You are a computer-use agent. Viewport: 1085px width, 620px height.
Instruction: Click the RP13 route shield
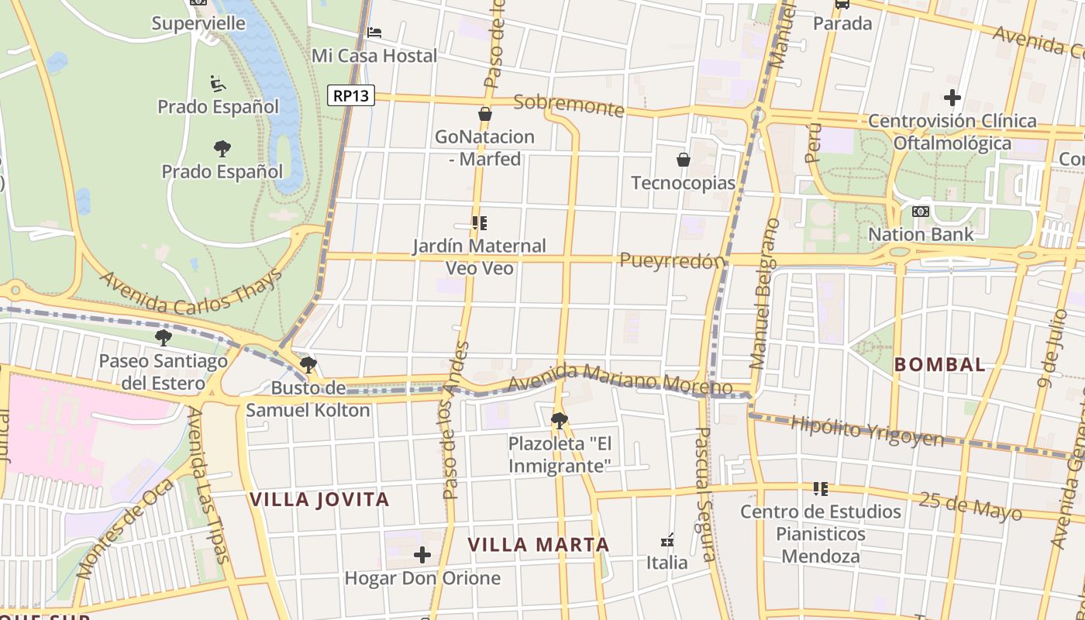351,95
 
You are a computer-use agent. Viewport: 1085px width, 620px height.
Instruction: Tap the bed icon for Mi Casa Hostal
374,32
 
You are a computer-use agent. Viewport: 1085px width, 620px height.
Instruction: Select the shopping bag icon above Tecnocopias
684,160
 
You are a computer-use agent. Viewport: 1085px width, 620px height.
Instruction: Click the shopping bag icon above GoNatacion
485,114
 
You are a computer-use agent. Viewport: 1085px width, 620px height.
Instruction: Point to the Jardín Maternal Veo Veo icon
480,223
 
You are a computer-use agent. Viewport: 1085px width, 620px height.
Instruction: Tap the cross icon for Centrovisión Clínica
952,98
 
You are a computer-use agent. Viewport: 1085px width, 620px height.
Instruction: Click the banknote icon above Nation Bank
921,211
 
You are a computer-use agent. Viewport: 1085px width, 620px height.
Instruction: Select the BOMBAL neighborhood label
939,364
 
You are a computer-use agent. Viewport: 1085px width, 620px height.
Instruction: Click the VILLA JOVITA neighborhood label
319,500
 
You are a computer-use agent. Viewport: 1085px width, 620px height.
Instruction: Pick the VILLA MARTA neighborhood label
539,545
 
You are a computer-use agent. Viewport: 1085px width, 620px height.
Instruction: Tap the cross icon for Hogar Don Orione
422,555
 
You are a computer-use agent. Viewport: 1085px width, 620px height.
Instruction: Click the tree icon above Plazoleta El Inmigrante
559,421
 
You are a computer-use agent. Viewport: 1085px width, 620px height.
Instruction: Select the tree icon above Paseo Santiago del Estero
163,337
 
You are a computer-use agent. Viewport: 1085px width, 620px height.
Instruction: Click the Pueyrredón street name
671,261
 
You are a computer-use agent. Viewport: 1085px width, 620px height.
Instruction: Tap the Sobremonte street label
569,105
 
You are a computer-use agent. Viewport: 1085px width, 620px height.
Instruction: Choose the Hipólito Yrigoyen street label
866,431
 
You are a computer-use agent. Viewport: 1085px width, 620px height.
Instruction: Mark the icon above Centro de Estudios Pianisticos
821,489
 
